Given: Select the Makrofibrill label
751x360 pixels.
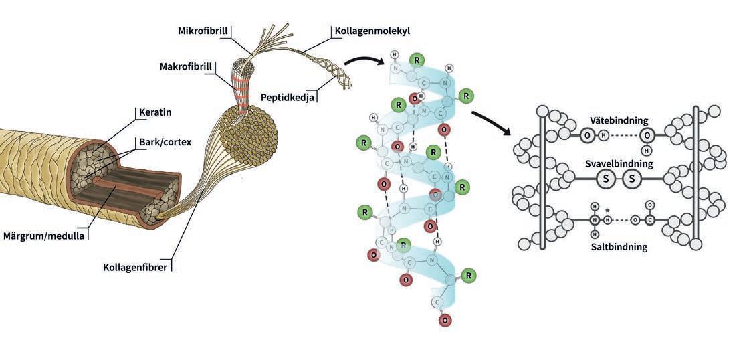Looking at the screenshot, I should (x=185, y=66).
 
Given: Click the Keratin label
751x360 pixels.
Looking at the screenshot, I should (x=155, y=112).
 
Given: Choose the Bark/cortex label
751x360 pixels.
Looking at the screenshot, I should (x=165, y=142).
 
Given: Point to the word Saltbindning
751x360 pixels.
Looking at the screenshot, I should (x=619, y=247).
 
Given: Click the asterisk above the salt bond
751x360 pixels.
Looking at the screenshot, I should (x=607, y=211).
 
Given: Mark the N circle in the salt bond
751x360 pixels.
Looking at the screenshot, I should (x=594, y=219).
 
